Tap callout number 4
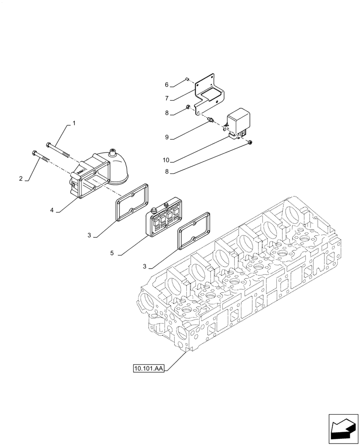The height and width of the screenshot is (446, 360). click(x=52, y=210)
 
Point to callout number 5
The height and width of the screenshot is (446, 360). click(x=112, y=253)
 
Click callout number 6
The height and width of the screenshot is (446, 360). click(x=166, y=84)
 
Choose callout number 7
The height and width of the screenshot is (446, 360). click(x=166, y=98)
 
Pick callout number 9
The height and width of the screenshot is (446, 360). click(x=166, y=137)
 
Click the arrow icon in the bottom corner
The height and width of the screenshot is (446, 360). click(x=343, y=429)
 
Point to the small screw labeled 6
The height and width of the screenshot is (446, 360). click(x=188, y=80)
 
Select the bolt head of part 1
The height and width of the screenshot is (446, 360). click(x=48, y=144)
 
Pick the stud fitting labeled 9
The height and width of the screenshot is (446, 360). click(x=211, y=119)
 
